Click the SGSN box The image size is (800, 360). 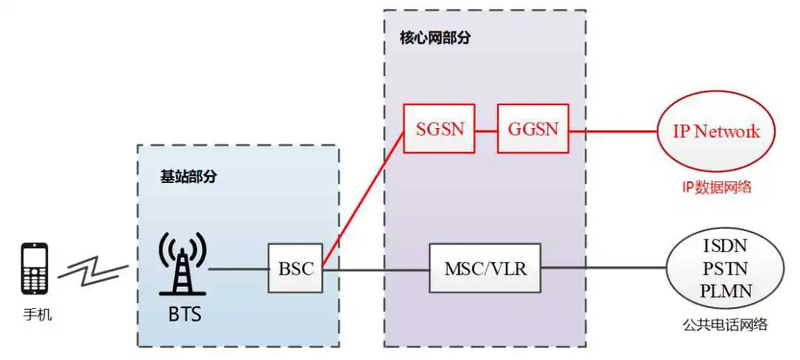coord(439,128)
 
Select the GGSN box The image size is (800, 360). coord(533,128)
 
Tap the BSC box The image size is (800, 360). coord(296,268)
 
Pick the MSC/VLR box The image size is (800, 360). coord(484,268)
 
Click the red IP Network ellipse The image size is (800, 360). coord(716,132)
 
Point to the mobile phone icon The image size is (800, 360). coord(34,269)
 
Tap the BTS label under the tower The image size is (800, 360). coord(184,313)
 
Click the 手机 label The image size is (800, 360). coord(37,315)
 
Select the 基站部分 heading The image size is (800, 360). coord(188,177)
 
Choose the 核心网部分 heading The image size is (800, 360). coord(435,39)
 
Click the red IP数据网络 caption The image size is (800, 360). coord(717,187)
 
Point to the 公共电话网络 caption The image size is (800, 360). coord(725,324)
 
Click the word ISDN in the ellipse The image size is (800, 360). coord(725,246)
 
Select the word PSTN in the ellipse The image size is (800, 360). coord(725,268)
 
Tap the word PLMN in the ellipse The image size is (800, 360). coord(725,291)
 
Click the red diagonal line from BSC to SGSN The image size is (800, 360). coord(363,199)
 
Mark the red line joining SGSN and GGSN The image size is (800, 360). coord(486,131)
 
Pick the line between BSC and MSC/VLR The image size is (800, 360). coord(376,270)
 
